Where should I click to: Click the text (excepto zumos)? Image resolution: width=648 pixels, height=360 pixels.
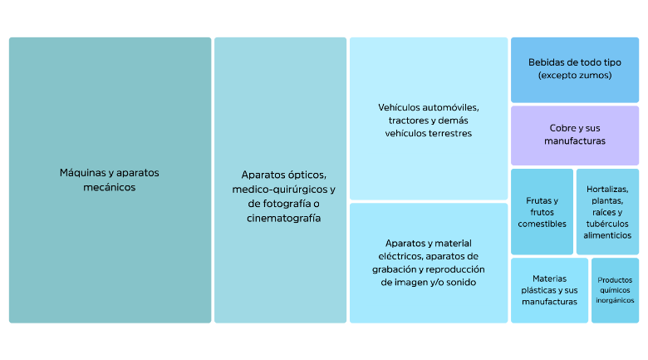click(x=575, y=76)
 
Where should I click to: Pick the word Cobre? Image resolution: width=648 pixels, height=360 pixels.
click(x=563, y=128)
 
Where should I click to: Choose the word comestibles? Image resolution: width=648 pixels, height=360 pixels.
click(x=542, y=224)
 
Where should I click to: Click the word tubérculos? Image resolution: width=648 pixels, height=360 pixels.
click(x=608, y=224)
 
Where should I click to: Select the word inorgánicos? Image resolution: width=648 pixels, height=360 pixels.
click(x=615, y=299)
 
